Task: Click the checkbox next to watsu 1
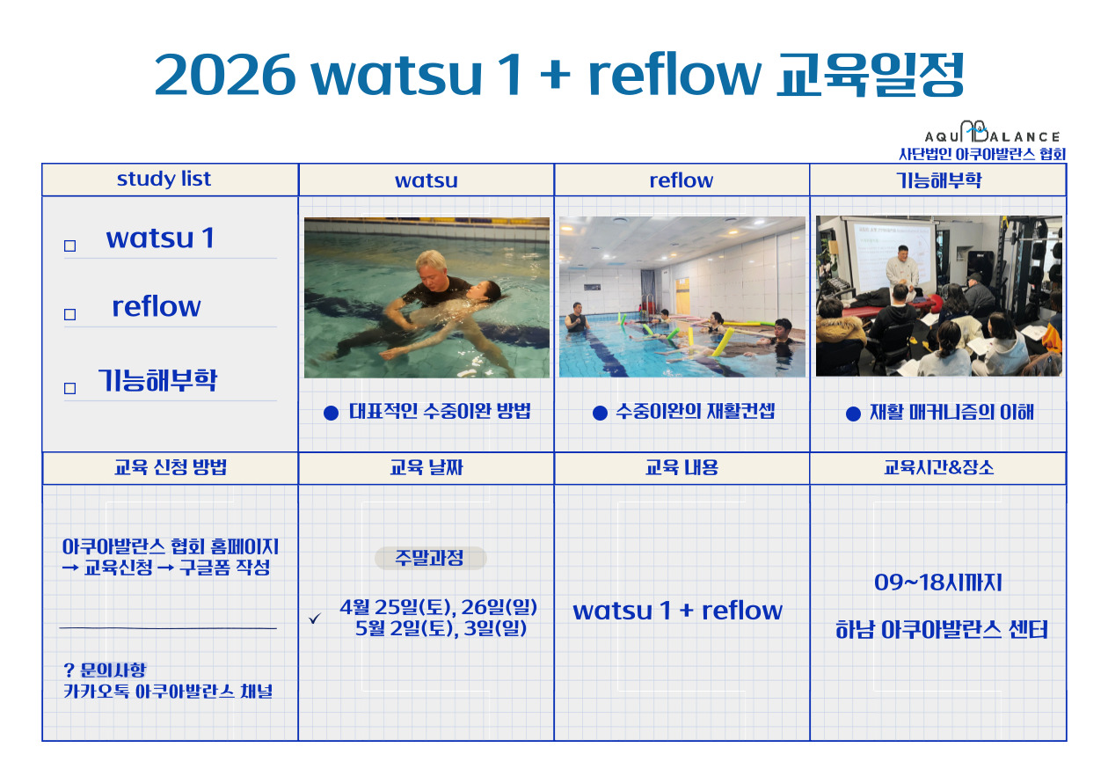[x=69, y=246]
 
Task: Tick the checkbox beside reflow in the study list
[x=69, y=314]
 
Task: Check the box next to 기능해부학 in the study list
[x=69, y=388]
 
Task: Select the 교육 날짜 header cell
[x=426, y=468]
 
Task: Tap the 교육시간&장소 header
[x=938, y=468]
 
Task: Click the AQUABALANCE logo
[x=992, y=133]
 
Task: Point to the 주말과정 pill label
[x=430, y=558]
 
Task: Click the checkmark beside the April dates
[x=315, y=619]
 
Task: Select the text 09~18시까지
[x=937, y=583]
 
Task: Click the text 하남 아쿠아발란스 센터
[x=941, y=630]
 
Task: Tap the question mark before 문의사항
[x=69, y=670]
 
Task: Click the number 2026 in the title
[x=225, y=76]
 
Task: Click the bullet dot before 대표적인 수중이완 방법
[x=331, y=413]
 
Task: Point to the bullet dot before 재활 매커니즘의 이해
[x=853, y=414]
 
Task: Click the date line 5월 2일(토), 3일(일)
[x=441, y=628]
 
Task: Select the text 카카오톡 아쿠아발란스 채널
[x=168, y=692]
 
